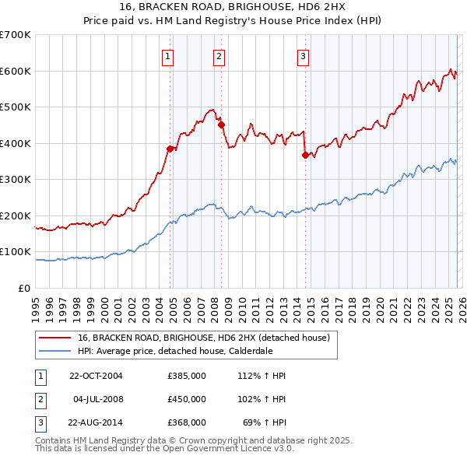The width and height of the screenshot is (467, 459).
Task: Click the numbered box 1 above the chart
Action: pyautogui.click(x=168, y=55)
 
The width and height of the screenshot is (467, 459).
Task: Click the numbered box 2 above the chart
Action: pyautogui.click(x=219, y=55)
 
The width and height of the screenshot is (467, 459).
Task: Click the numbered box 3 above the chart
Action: pyautogui.click(x=303, y=55)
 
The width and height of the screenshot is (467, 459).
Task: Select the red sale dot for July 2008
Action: pyautogui.click(x=221, y=124)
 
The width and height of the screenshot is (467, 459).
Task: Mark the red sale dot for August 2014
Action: pyautogui.click(x=305, y=155)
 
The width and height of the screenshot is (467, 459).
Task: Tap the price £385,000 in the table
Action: pyautogui.click(x=187, y=376)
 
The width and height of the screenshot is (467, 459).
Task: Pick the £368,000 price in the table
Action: pyautogui.click(x=187, y=422)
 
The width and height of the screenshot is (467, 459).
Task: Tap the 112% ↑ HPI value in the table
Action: pyautogui.click(x=264, y=376)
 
